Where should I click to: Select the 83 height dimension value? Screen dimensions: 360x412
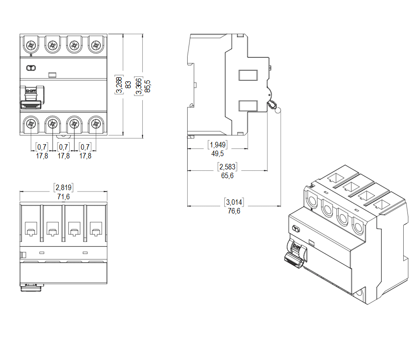128,85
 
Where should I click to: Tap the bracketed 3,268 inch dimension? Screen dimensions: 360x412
119,85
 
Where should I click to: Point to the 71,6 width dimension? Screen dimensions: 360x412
64,197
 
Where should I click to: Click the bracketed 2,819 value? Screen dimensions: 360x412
64,187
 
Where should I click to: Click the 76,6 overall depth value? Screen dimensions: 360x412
234,211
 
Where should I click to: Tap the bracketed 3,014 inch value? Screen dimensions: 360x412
234,202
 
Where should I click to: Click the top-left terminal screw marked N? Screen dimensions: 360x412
31,45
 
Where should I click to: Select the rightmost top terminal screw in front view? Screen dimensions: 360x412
95,45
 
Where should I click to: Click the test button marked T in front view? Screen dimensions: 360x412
31,68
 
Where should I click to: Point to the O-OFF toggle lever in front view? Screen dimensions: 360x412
31,98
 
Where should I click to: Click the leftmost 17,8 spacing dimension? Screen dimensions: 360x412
42,156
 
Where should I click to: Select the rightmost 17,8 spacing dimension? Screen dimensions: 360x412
85,156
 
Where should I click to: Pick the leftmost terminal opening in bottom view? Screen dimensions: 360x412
31,228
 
